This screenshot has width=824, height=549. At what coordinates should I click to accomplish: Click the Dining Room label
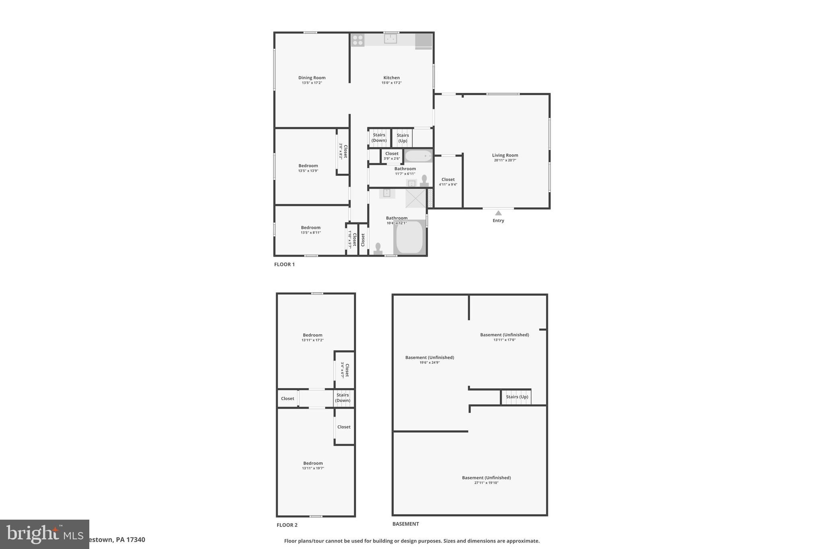click(x=312, y=78)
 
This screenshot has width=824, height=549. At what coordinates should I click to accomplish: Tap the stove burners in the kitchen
click(x=358, y=40)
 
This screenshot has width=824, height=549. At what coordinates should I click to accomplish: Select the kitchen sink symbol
click(x=390, y=39)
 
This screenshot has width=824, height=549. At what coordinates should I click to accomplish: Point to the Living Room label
click(x=505, y=155)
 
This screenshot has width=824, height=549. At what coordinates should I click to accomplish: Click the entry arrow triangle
click(x=498, y=213)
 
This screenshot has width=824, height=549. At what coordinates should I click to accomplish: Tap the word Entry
click(x=498, y=220)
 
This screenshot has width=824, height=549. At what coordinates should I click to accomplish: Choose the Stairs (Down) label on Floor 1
click(x=379, y=138)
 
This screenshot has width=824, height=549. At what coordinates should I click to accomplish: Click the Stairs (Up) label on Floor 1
click(x=402, y=138)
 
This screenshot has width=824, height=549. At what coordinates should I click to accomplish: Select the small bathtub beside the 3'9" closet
click(x=418, y=155)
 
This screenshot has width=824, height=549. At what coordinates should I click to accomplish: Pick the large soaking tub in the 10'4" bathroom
click(x=410, y=237)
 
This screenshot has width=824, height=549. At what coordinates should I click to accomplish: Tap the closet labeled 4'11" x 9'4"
click(x=448, y=182)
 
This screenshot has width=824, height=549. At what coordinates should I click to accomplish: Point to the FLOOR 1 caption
click(x=284, y=264)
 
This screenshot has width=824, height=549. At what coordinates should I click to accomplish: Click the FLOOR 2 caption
click(x=287, y=525)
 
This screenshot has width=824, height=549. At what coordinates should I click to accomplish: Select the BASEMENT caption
click(x=406, y=524)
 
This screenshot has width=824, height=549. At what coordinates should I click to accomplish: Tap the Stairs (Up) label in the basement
click(x=517, y=397)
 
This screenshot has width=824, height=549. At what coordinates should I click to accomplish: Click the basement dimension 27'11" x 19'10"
click(x=486, y=483)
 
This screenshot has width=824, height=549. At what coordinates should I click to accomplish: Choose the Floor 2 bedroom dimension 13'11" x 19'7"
click(x=313, y=468)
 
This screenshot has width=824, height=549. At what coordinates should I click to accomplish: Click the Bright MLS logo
click(x=44, y=534)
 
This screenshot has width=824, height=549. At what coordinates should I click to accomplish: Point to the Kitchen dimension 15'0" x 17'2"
click(x=391, y=83)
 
